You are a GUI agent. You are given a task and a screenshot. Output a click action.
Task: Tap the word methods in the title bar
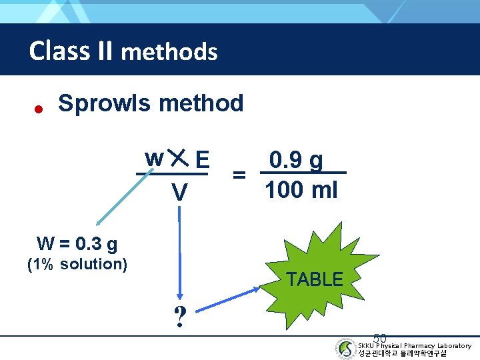(x=169, y=51)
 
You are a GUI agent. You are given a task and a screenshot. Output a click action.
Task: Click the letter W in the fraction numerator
(x=154, y=159)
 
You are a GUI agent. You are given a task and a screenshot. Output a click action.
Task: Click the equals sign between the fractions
(x=238, y=175)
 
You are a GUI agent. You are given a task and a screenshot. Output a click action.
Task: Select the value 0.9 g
(x=296, y=161)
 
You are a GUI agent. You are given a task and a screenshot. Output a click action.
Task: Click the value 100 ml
(x=301, y=191)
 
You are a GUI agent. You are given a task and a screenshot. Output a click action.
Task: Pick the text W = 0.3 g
(x=77, y=245)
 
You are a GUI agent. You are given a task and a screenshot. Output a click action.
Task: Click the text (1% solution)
(x=77, y=264)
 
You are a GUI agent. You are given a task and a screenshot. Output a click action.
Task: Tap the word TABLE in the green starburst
(x=314, y=279)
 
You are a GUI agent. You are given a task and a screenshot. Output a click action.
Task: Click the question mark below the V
(x=179, y=318)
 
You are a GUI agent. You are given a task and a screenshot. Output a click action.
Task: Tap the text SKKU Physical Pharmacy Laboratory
(x=415, y=345)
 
